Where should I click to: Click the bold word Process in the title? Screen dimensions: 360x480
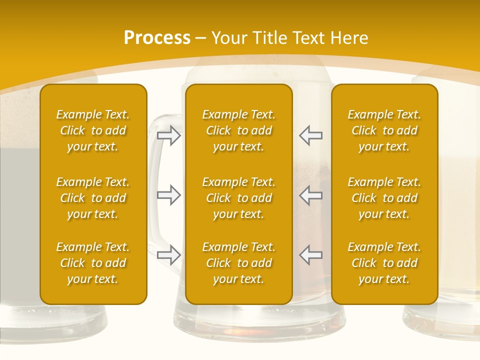(157, 38)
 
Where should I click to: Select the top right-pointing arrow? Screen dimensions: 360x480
(168, 136)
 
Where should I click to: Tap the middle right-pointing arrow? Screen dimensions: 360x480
(168, 195)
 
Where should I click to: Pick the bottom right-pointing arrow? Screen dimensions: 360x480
(168, 255)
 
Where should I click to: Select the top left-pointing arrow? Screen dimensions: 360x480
(311, 136)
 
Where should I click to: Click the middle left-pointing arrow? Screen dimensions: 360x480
(311, 195)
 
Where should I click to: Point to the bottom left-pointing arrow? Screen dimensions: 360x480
(311, 255)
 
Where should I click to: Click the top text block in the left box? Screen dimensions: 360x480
(93, 130)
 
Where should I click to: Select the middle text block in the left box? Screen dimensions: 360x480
(93, 198)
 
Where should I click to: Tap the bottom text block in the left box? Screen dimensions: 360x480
(93, 263)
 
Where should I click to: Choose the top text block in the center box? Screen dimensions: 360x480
(238, 130)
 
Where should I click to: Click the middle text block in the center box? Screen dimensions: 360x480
(238, 198)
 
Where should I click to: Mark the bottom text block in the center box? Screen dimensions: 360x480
(238, 263)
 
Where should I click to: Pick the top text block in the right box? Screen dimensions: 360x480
(384, 130)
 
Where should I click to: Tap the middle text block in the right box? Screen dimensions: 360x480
(384, 198)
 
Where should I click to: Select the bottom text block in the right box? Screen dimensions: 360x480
(384, 263)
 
